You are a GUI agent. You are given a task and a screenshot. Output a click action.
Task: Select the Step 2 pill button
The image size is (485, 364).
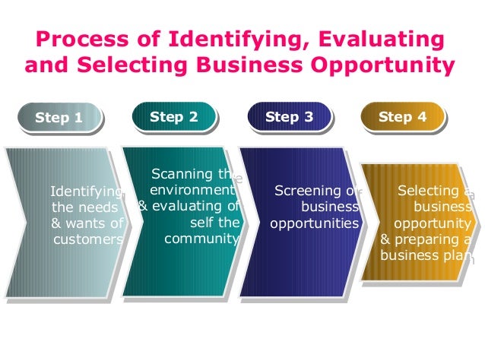coord(174,116)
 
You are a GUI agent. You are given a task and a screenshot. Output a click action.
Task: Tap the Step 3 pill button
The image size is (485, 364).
coord(289,117)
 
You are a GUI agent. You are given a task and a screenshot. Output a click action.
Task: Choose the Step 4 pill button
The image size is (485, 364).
coord(402,116)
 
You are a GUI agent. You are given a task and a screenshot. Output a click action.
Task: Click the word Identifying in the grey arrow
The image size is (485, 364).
coord(85,191)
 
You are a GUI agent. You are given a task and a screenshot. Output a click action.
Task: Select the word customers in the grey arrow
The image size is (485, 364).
coord(87,239)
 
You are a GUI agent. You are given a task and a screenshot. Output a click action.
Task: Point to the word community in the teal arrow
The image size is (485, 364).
coord(201,239)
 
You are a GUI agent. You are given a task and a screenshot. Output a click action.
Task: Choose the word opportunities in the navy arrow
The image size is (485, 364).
coord(313,223)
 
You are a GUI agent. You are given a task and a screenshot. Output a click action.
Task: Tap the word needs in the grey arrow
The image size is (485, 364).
coord(100,207)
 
